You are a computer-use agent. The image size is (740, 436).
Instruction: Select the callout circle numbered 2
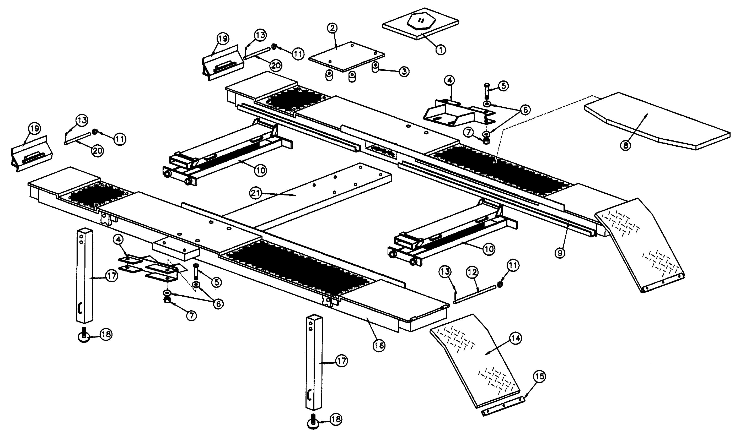coord(333,28)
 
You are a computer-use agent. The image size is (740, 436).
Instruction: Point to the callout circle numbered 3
coord(404,71)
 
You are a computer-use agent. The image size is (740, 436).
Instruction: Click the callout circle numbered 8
coord(626,145)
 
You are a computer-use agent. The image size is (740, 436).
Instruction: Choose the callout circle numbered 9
coord(560,253)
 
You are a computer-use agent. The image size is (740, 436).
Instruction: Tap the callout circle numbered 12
coord(473,273)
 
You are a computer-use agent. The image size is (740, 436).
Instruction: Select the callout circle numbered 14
coord(516,339)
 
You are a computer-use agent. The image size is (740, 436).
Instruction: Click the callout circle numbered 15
coord(539,377)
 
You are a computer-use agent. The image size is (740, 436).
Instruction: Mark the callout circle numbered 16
coord(379,346)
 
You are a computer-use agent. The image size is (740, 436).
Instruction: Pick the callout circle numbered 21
coord(255,193)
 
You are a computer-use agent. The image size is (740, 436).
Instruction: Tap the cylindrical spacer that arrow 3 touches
coord(375,68)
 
